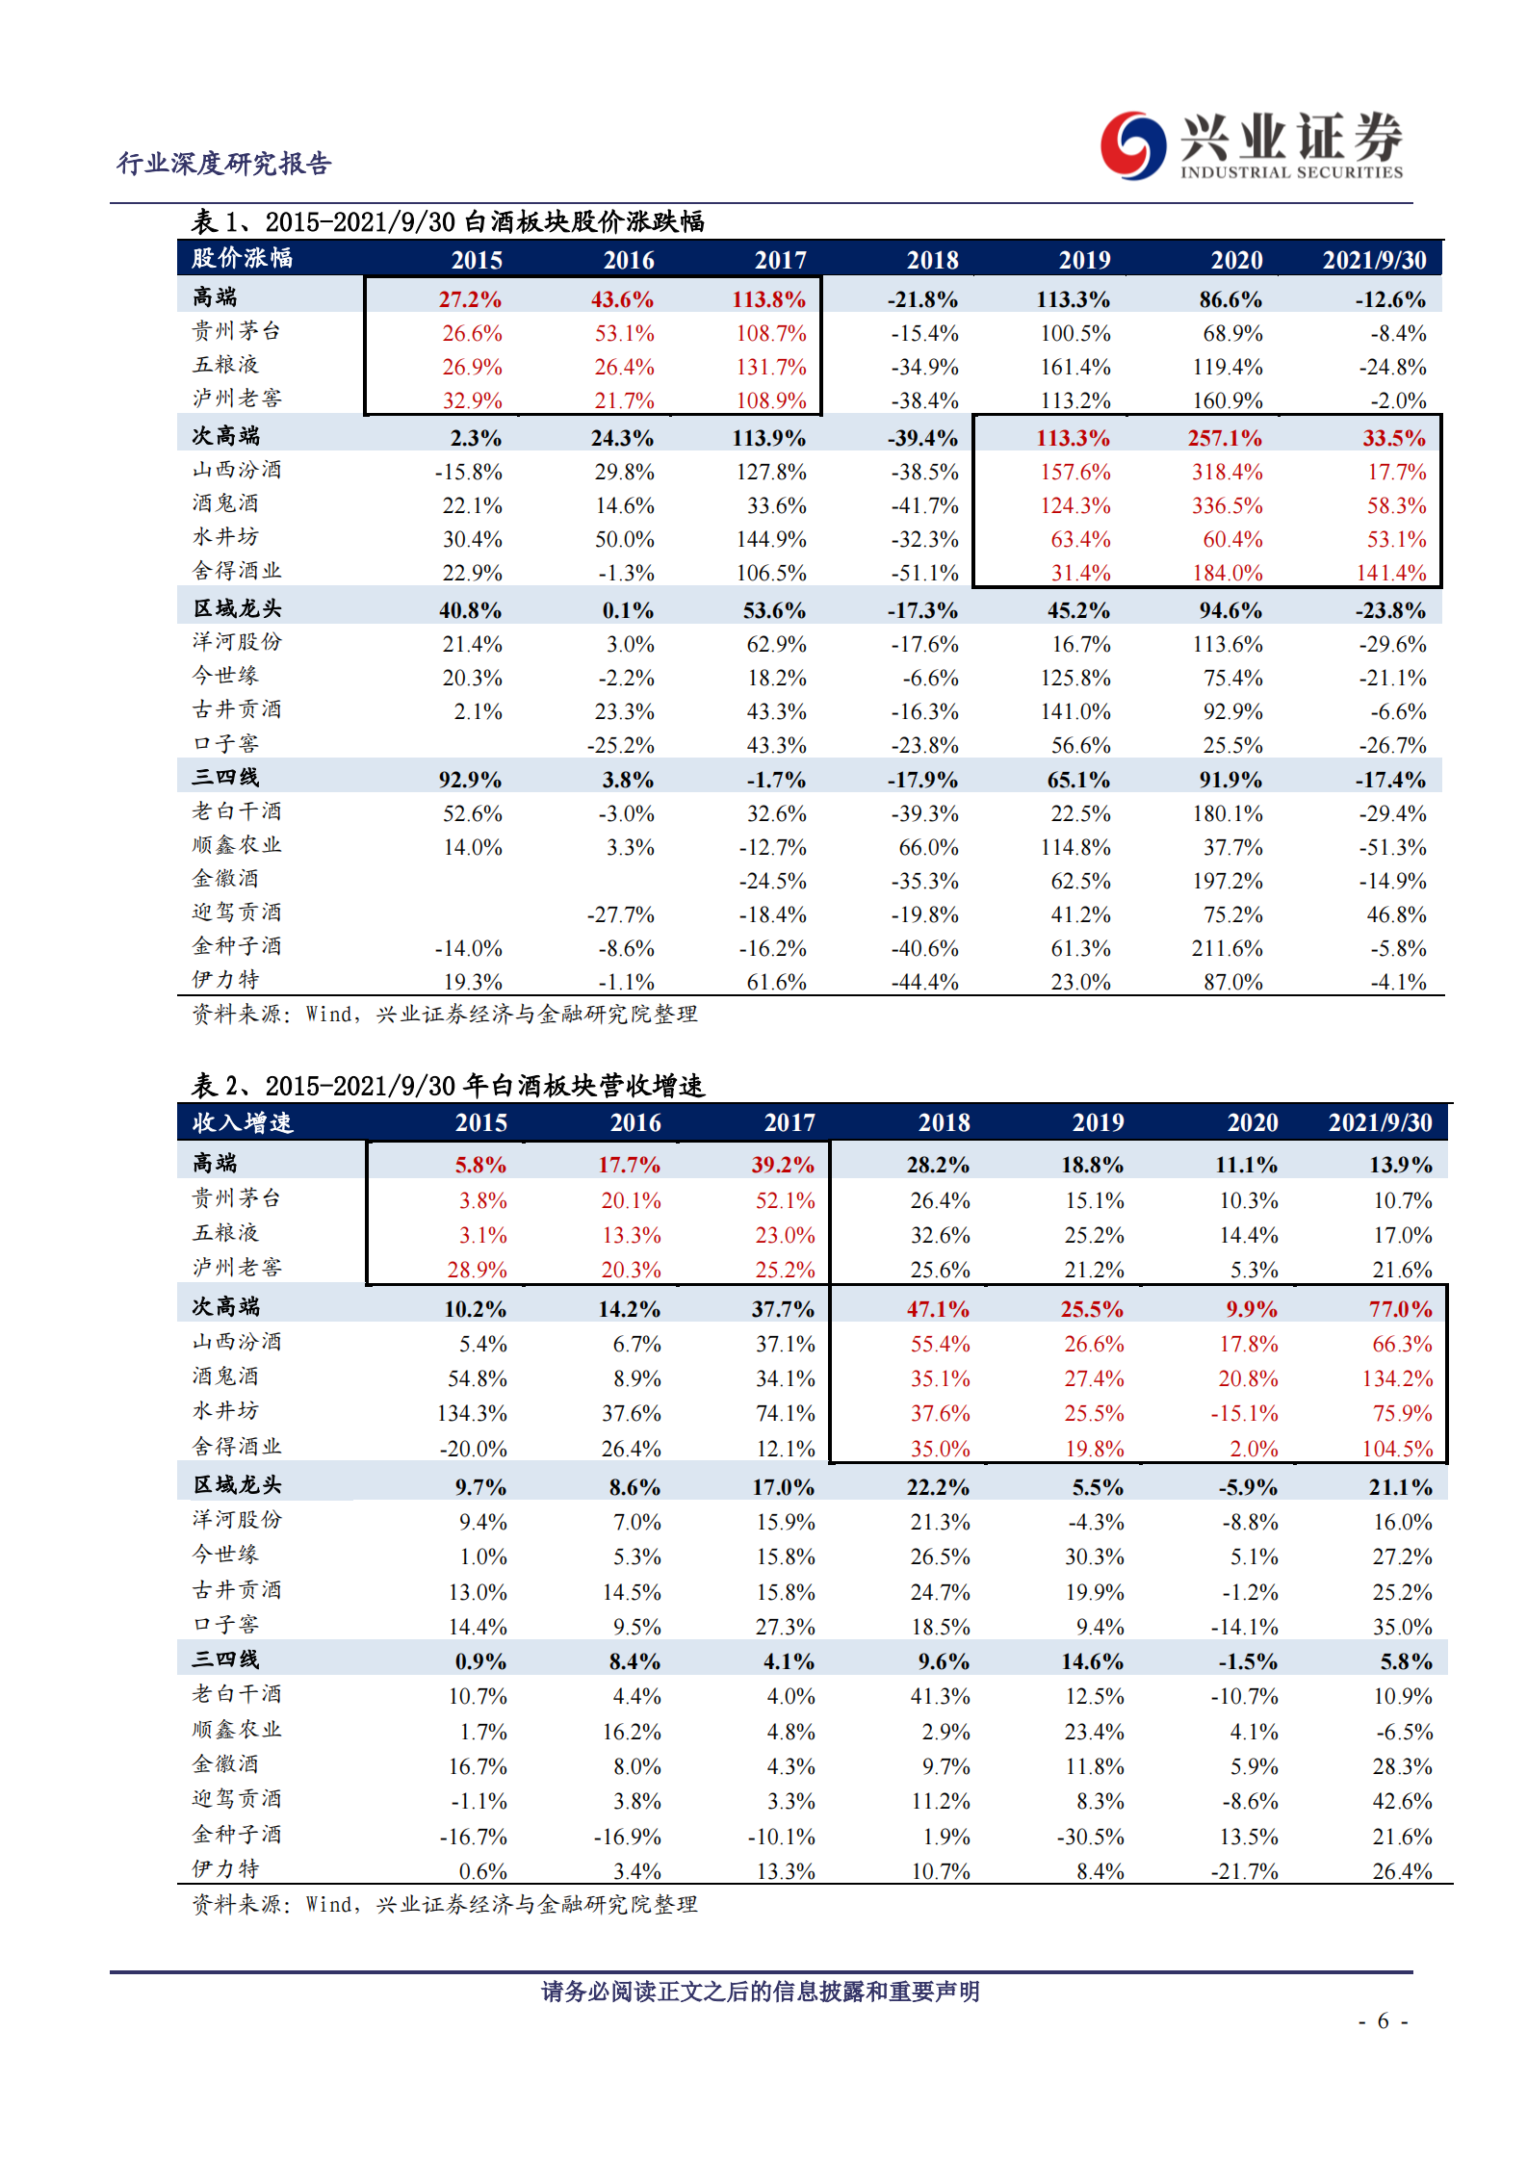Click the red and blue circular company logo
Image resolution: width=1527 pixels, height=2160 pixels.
[1133, 145]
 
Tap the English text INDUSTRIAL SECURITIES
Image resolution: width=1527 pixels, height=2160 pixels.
[1291, 173]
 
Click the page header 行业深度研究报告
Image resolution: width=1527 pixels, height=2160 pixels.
[224, 164]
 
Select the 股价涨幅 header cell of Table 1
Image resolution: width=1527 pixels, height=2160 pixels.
[242, 258]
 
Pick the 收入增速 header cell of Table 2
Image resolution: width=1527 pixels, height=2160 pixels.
[242, 1122]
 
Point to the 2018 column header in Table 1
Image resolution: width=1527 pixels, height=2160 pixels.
[932, 260]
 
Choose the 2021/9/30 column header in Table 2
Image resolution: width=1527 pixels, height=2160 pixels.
[1380, 1122]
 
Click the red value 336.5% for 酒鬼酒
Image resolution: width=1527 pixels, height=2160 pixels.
[1227, 505]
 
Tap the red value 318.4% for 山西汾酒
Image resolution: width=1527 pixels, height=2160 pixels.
[1227, 472]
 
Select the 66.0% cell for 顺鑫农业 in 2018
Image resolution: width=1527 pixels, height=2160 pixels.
[928, 847]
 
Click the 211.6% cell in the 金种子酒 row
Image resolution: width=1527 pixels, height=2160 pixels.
[1227, 948]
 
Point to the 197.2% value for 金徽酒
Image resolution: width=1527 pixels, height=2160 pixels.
[1227, 881]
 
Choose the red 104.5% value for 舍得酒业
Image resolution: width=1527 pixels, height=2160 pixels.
[1397, 1449]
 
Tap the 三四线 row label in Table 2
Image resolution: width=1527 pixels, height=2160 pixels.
[225, 1659]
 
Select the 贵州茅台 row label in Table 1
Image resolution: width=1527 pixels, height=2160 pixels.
[236, 331]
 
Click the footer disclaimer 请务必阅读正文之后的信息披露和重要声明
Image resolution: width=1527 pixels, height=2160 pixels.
[760, 1992]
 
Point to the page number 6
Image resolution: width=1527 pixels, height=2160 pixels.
[1384, 2020]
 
